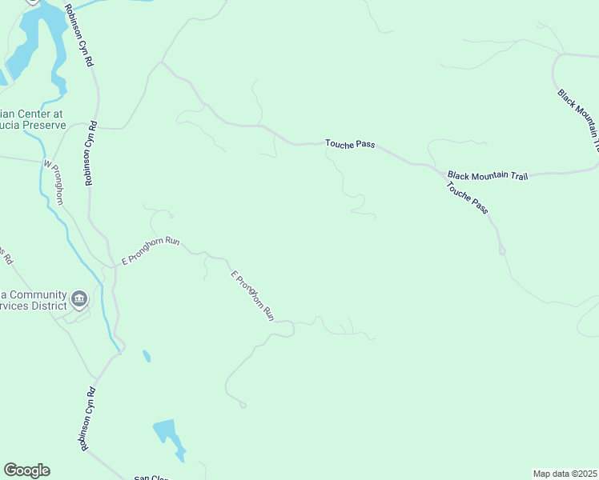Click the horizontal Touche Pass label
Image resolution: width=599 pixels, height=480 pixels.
350,144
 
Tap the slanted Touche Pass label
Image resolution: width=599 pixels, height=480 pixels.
468,197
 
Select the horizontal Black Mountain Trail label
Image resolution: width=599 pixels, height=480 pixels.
488,175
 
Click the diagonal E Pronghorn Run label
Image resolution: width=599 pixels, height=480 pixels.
253,296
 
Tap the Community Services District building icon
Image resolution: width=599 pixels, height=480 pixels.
79,299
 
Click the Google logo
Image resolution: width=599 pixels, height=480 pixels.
26,470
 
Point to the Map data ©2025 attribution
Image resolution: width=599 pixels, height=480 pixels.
565,473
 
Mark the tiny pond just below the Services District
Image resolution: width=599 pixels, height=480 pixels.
146,355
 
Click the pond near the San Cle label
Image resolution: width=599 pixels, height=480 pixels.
169,437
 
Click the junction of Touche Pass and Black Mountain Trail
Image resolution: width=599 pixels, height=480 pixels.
440,170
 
